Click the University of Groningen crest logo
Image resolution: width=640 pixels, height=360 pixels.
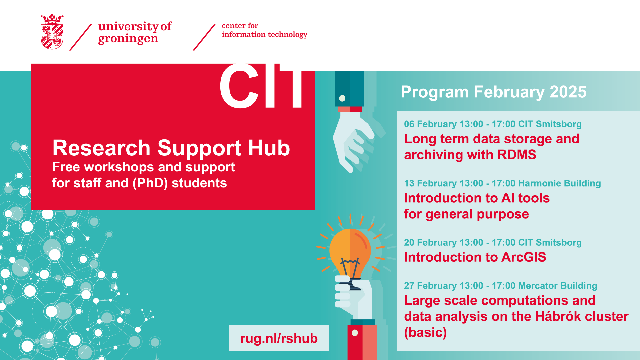pyautogui.click(x=52, y=32)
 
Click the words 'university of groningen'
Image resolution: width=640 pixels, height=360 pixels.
pyautogui.click(x=135, y=33)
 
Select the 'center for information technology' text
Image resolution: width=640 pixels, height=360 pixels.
pyautogui.click(x=264, y=30)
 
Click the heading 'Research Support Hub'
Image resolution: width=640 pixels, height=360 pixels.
pyautogui.click(x=171, y=148)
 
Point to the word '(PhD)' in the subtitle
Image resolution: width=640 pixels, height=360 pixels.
pyautogui.click(x=150, y=183)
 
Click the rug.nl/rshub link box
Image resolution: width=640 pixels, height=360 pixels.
pyautogui.click(x=279, y=338)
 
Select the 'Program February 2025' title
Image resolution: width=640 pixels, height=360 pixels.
pyautogui.click(x=493, y=92)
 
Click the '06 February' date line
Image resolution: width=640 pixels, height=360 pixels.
pyautogui.click(x=493, y=124)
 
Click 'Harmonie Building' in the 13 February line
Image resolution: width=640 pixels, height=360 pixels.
pyautogui.click(x=560, y=183)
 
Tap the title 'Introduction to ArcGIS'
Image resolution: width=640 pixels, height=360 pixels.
pyautogui.click(x=475, y=257)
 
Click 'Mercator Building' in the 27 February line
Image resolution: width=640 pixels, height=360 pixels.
pyautogui.click(x=558, y=286)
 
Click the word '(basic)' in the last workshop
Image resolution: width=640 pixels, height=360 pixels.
pyautogui.click(x=425, y=332)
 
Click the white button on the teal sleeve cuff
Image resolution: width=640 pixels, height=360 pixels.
pyautogui.click(x=342, y=98)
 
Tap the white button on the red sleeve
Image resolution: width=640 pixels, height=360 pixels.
pyautogui.click(x=355, y=333)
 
